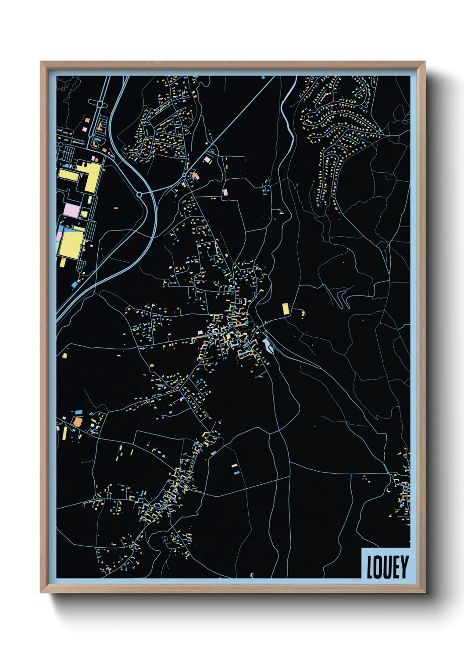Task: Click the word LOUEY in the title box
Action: point(388,567)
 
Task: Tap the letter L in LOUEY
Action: point(370,567)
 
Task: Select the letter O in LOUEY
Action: point(378,567)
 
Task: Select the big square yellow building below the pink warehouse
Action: point(71,244)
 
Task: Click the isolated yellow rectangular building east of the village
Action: point(286,309)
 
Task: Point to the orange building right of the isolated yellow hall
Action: point(303,314)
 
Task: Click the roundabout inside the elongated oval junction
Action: point(100,105)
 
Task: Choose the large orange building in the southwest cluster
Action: point(78,422)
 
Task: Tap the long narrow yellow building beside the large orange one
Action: point(65,433)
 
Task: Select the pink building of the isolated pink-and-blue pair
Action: point(234,465)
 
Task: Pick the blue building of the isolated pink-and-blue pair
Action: point(236,473)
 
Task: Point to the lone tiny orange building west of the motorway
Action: point(116,208)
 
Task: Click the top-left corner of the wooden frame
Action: point(41,62)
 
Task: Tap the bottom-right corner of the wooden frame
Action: point(425,592)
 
